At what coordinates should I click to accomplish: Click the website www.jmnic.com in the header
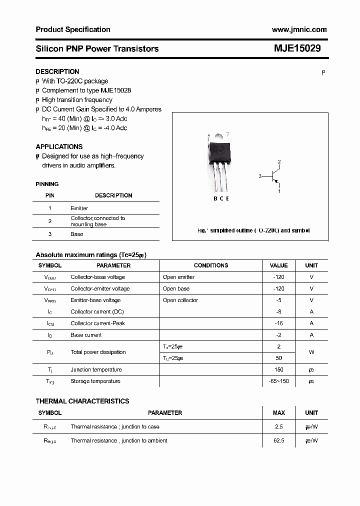click(299, 29)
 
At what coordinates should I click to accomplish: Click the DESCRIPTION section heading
click(57, 71)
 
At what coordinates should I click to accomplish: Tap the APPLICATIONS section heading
click(59, 146)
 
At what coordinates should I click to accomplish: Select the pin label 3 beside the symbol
click(260, 176)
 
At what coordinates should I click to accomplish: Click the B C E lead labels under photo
click(221, 198)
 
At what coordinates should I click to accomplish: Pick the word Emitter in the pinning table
click(79, 208)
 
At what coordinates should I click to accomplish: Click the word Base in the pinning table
click(77, 234)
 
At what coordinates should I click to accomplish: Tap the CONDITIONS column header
click(210, 265)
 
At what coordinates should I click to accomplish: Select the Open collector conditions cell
click(180, 300)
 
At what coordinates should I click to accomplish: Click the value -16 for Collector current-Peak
click(278, 323)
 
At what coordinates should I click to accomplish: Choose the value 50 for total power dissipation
click(278, 358)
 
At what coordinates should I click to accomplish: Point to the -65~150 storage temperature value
click(278, 381)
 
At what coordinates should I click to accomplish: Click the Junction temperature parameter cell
click(96, 369)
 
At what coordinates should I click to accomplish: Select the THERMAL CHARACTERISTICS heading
click(82, 401)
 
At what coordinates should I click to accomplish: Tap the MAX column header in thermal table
click(278, 413)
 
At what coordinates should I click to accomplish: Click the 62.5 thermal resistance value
click(278, 440)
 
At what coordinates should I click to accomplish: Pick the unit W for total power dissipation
click(311, 352)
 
